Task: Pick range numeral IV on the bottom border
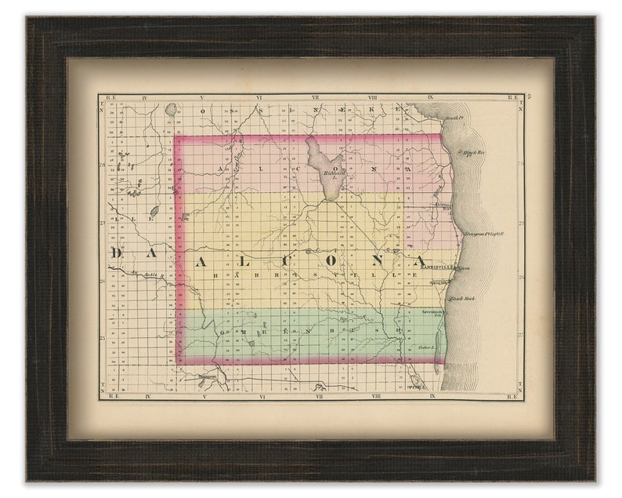(x=146, y=397)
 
